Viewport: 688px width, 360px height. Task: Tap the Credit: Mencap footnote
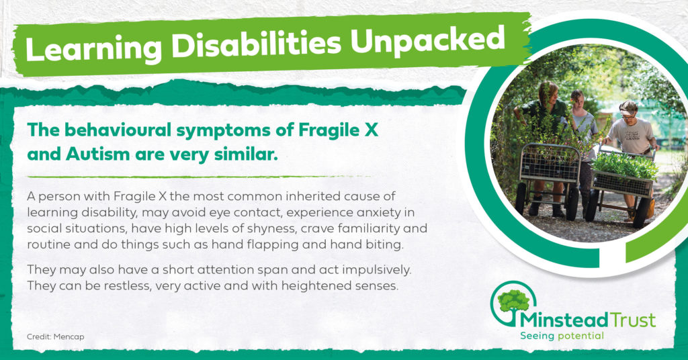click(55, 336)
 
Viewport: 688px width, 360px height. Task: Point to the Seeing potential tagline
click(562, 336)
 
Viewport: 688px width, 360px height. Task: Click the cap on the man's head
click(628, 107)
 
